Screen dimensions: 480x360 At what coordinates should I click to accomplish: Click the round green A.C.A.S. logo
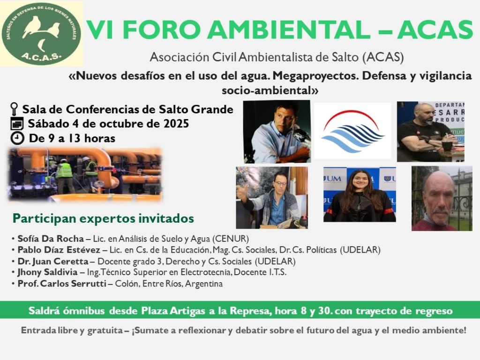(41, 34)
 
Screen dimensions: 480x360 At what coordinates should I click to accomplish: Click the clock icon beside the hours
(17, 138)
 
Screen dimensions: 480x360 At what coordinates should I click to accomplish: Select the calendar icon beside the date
(17, 124)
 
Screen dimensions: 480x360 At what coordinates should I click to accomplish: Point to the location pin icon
(14, 109)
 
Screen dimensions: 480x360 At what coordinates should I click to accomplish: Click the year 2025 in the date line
(176, 124)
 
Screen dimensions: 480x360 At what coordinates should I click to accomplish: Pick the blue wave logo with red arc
(352, 131)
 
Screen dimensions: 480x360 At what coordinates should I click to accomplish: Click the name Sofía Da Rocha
(51, 239)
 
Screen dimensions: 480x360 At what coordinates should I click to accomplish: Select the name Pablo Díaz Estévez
(59, 250)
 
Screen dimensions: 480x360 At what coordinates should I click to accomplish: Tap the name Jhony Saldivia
(47, 272)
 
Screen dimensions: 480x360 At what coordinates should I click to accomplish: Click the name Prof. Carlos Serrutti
(62, 284)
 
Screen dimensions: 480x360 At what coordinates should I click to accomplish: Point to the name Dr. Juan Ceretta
(53, 261)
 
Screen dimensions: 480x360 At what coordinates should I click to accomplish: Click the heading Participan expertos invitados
(103, 218)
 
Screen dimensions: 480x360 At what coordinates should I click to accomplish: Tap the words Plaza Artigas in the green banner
(173, 311)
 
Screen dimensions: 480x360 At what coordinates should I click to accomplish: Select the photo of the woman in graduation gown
(360, 195)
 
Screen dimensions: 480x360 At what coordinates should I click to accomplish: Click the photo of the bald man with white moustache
(442, 198)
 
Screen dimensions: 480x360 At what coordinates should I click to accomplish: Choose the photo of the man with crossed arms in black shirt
(431, 132)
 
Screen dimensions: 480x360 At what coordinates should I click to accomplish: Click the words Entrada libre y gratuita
(72, 330)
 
